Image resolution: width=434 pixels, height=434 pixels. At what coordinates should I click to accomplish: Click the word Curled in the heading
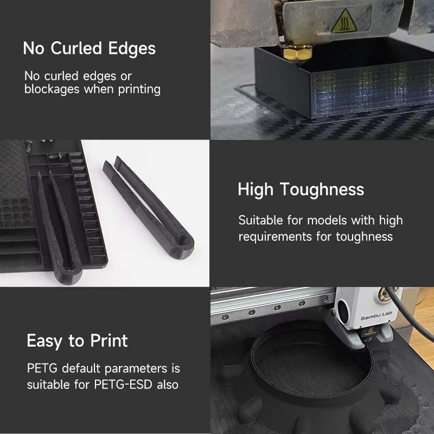pos(76,48)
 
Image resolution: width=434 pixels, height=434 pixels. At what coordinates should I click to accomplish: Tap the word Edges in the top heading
pos(132,49)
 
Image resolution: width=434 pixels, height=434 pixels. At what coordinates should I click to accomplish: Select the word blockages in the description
pos(52,90)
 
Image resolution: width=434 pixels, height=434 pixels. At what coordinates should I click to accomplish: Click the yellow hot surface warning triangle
pos(344,21)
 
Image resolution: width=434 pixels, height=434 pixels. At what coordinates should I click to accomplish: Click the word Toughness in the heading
pos(322,189)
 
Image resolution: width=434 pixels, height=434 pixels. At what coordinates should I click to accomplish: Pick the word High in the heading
pos(256,189)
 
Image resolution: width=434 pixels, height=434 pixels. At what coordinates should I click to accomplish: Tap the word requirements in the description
pos(275,237)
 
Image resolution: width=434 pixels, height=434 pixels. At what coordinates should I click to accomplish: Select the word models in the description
pos(327,220)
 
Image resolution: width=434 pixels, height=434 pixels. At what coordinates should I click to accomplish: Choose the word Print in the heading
pos(109,341)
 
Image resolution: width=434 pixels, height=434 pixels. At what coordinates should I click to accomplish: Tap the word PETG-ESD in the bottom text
pos(123,385)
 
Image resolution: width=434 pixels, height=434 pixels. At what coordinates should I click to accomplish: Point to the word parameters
pos(136,369)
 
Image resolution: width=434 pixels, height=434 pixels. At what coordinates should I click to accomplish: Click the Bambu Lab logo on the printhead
pos(376,316)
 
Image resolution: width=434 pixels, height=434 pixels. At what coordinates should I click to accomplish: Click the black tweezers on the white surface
pos(149,208)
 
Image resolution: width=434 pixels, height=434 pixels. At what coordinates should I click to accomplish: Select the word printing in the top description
pos(139,90)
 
